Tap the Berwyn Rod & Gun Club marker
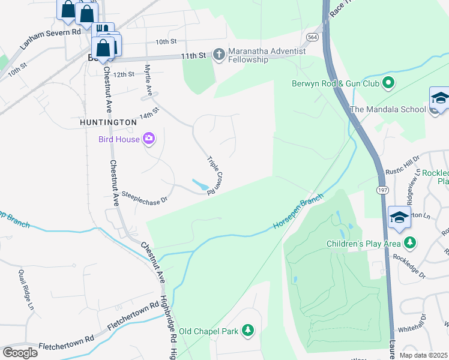click(x=388, y=83)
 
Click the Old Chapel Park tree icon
click(x=247, y=330)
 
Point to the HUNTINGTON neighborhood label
click(x=109, y=122)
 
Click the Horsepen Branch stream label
click(x=298, y=211)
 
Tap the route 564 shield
click(x=313, y=37)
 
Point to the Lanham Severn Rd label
click(x=50, y=37)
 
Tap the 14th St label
click(x=149, y=112)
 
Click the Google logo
click(x=20, y=353)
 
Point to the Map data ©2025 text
click(x=424, y=355)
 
